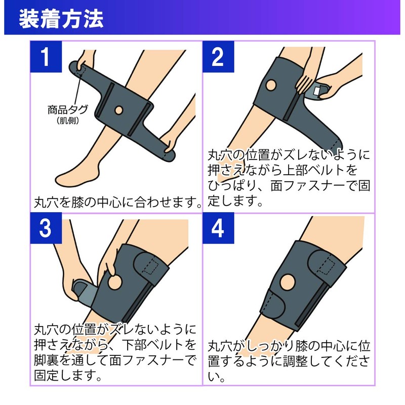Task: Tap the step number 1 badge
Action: (45, 57)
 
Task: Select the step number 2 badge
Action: (217, 57)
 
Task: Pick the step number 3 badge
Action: (45, 229)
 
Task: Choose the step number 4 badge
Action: (217, 229)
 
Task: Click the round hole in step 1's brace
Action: (118, 109)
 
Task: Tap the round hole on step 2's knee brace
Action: (271, 85)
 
